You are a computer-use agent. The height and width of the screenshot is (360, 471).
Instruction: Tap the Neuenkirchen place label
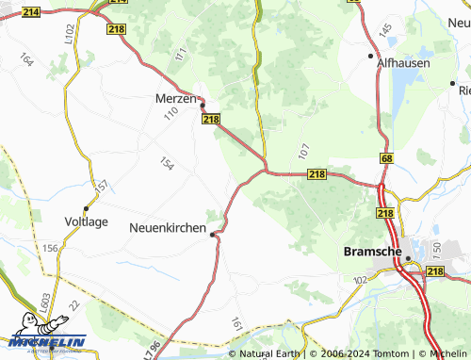click(167, 226)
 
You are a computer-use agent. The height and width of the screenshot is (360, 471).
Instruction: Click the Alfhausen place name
click(403, 63)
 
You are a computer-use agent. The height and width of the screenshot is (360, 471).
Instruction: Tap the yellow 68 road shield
click(386, 159)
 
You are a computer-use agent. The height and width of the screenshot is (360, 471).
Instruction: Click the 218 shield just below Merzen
click(211, 119)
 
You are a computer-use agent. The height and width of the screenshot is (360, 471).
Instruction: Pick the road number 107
click(302, 150)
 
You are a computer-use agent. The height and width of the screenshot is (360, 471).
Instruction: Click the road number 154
click(168, 164)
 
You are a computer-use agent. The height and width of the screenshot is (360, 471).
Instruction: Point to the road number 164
click(25, 59)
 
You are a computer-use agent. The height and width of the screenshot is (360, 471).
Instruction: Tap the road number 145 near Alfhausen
click(385, 31)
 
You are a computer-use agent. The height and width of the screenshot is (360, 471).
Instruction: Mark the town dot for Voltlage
click(86, 208)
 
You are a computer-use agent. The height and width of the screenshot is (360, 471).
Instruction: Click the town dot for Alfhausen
click(371, 56)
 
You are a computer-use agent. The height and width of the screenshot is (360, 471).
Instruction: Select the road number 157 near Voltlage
click(103, 186)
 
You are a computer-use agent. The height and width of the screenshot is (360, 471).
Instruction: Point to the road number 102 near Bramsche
click(359, 280)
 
